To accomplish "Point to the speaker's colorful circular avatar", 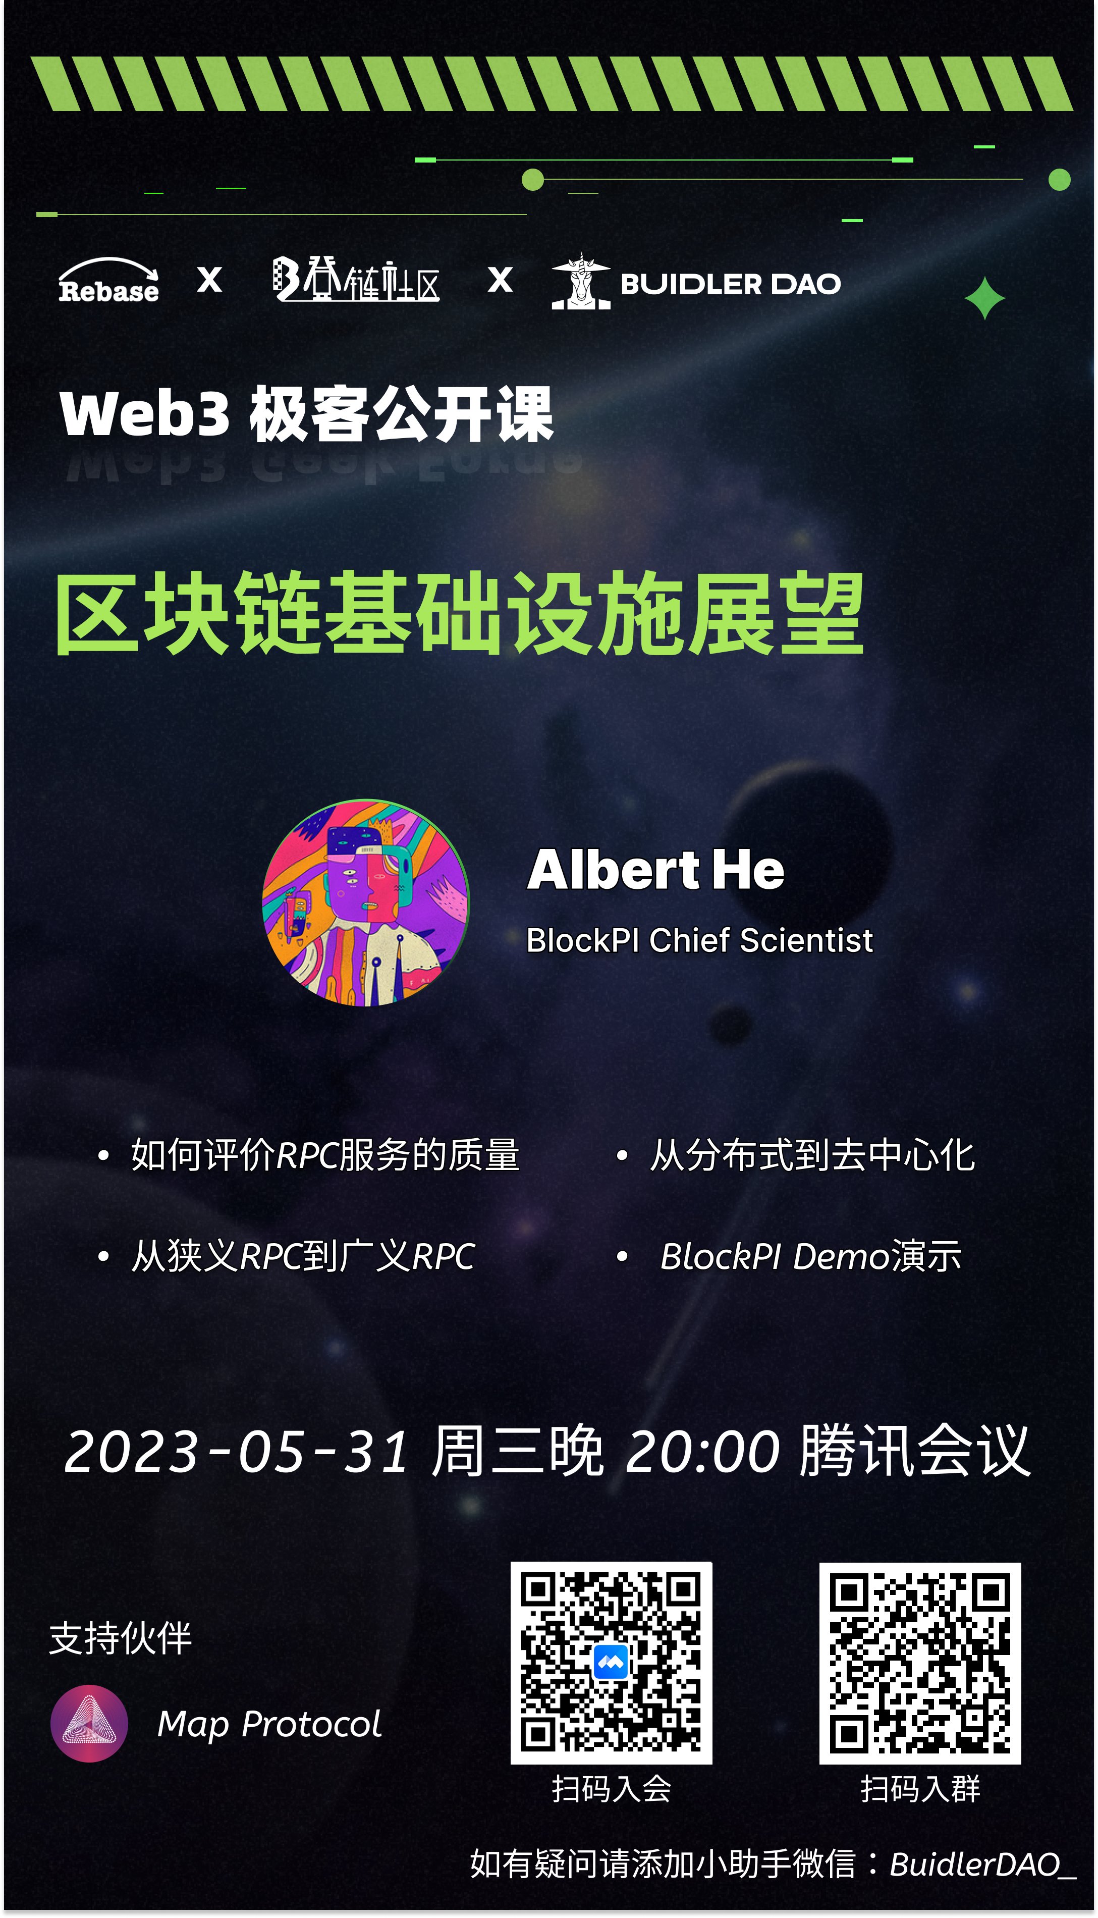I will point(366,903).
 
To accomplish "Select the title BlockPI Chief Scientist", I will point(699,940).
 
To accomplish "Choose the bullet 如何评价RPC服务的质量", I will point(324,1155).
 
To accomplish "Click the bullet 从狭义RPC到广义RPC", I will point(302,1257).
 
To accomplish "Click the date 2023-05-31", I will point(237,1452).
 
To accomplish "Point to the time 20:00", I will point(702,1452).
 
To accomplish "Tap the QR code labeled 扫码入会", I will point(611,1662).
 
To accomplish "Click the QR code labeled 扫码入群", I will point(920,1662).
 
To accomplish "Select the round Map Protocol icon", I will point(89,1723).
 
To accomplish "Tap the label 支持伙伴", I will point(121,1639).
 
